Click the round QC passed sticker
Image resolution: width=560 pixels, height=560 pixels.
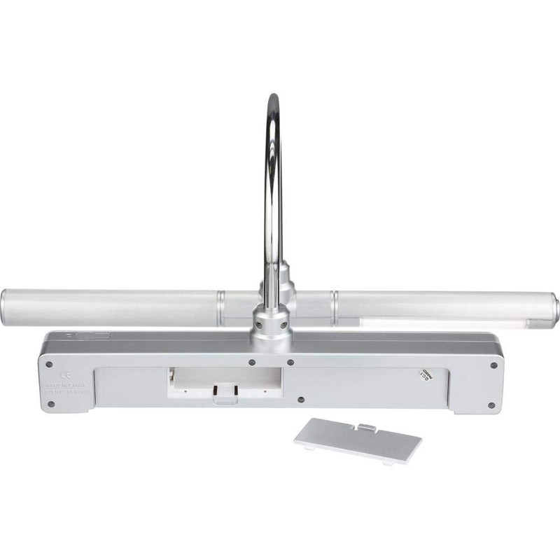tap(423, 374)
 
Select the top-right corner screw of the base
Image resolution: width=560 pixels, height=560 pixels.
tap(493, 365)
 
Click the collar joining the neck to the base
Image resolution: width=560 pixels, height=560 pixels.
tap(269, 323)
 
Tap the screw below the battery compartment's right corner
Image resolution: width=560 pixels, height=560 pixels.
tap(300, 401)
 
